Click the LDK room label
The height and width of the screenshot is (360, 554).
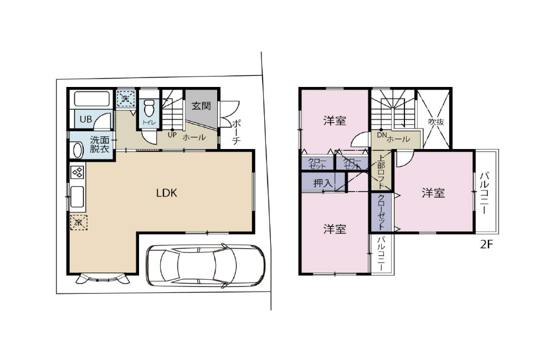[x=166, y=193]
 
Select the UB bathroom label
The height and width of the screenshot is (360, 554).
[x=85, y=119]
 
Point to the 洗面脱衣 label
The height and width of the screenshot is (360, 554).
[x=100, y=145]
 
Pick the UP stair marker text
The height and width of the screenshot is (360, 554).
[x=172, y=135]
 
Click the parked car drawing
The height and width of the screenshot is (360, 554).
[x=205, y=266]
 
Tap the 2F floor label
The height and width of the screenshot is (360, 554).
[x=486, y=245]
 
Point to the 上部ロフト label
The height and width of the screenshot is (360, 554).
[x=381, y=172]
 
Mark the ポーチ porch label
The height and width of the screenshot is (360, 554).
[x=235, y=132]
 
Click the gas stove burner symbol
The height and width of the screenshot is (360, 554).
[x=77, y=173]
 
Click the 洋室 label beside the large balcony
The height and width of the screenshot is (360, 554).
[x=433, y=193]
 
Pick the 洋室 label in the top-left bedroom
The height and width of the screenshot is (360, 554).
[x=335, y=120]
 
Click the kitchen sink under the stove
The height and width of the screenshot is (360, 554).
[x=77, y=197]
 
